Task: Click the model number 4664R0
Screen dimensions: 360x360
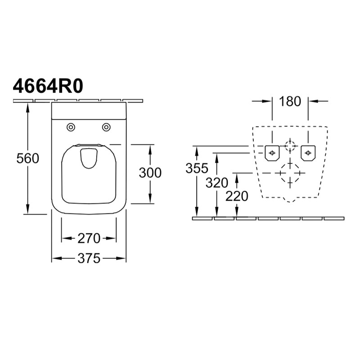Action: tap(48, 86)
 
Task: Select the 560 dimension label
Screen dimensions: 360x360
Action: tap(28, 158)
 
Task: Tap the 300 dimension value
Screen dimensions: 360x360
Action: tap(150, 173)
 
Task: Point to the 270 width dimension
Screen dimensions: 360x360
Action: tap(89, 238)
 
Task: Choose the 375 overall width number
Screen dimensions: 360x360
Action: tap(89, 258)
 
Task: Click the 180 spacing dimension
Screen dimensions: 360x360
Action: tap(290, 101)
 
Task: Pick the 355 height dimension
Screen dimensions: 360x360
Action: tap(197, 168)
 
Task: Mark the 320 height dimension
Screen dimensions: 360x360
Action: tap(217, 183)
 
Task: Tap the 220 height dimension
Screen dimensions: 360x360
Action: tap(237, 196)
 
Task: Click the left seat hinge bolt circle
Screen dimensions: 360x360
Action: tap(71, 127)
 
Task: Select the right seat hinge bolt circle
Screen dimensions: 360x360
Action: tap(106, 127)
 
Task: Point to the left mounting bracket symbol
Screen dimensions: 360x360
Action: tap(272, 153)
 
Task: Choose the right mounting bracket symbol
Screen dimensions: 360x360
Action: tap(308, 153)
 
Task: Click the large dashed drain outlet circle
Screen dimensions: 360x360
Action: tap(290, 173)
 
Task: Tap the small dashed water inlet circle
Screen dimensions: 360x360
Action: tap(290, 146)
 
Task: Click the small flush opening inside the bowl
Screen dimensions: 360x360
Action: tap(89, 158)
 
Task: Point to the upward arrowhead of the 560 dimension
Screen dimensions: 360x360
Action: tap(28, 107)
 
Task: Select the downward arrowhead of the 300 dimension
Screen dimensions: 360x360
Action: tap(150, 199)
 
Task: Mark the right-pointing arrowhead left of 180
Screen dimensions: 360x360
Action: tap(267, 101)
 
